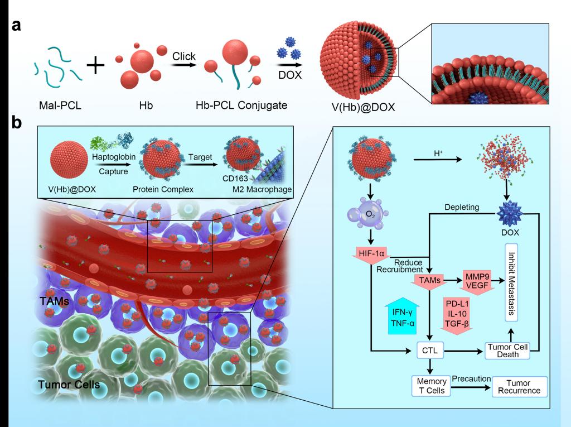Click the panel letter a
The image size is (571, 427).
17,26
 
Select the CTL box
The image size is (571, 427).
429,351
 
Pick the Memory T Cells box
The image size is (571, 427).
429,386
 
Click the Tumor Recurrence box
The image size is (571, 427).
519,386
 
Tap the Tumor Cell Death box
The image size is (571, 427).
509,350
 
